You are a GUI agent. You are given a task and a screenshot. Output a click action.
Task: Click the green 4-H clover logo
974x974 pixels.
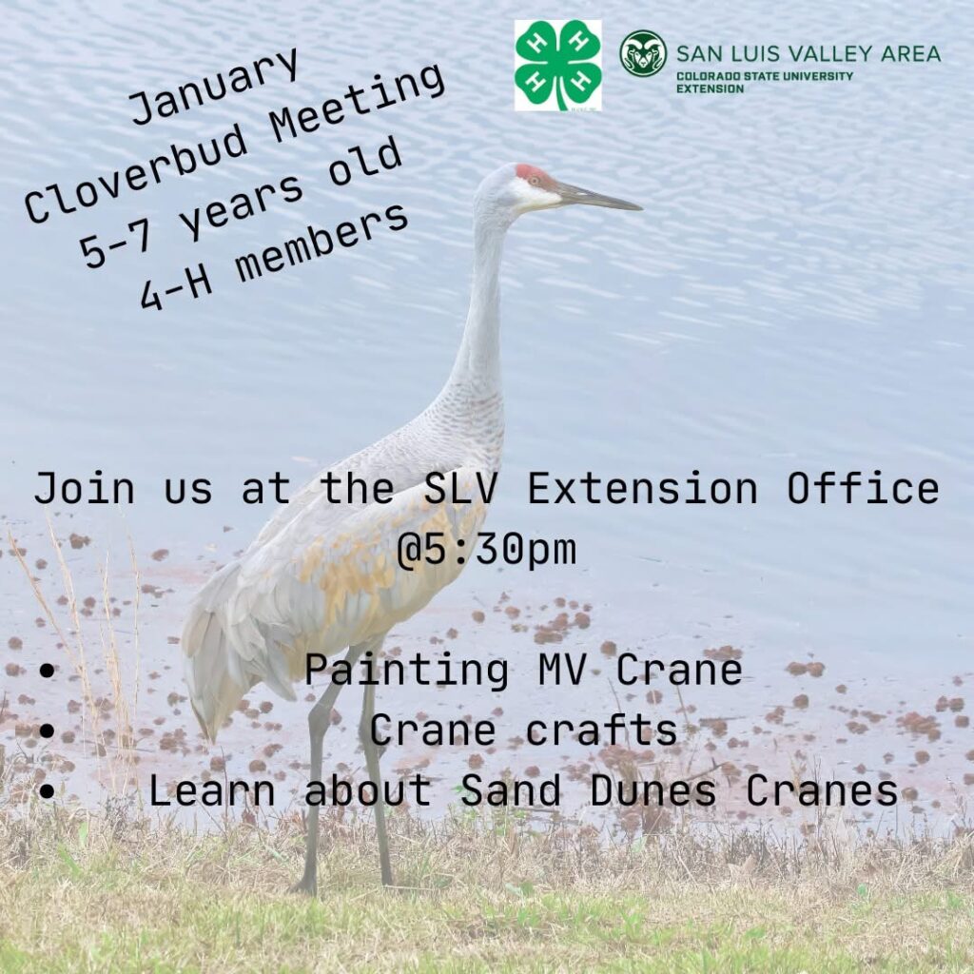click(x=557, y=66)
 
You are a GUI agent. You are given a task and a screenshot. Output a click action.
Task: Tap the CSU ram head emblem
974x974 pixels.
click(x=643, y=53)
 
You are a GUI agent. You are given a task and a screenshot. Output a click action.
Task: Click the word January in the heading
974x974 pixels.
click(x=214, y=87)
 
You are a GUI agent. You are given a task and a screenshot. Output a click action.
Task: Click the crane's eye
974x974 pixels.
click(x=534, y=182)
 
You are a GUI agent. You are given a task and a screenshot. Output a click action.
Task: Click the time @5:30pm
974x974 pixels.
click(x=487, y=550)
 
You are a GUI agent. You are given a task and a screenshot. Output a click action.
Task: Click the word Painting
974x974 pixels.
click(x=406, y=672)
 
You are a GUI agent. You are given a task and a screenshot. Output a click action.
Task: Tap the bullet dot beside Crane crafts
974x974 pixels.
click(x=47, y=731)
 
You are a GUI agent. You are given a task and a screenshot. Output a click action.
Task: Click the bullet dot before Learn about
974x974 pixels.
click(x=47, y=791)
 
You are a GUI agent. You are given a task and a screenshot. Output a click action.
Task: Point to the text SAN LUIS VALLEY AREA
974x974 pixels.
click(x=808, y=54)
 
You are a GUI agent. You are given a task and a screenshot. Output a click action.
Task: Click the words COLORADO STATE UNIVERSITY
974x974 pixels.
click(x=765, y=76)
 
